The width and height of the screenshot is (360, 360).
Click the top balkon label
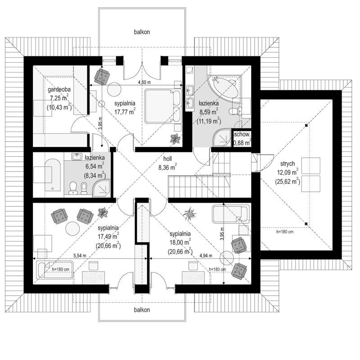coord(142,32)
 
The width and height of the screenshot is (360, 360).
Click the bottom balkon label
coord(142,310)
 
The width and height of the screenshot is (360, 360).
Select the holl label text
coord(167,159)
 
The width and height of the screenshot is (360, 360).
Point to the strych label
coord(288,164)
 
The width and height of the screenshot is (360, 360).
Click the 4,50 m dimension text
coord(144,82)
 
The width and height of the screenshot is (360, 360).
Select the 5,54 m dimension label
coord(80,255)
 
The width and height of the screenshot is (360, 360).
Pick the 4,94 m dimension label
coord(206,255)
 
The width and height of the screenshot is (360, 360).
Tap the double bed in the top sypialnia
coord(163,106)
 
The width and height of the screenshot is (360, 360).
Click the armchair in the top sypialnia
coord(102,77)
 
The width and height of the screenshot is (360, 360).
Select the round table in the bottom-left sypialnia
coord(72,228)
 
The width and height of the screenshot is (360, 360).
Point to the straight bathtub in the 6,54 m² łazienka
coord(53,174)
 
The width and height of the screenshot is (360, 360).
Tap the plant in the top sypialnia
coord(175,139)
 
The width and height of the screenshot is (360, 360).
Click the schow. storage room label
coord(242,134)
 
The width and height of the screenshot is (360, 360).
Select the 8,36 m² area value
coord(167,167)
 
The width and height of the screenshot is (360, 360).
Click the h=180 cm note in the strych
coord(285,232)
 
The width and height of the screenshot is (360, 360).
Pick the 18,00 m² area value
coord(180,242)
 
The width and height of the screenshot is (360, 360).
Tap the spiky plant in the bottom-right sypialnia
coord(189,214)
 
